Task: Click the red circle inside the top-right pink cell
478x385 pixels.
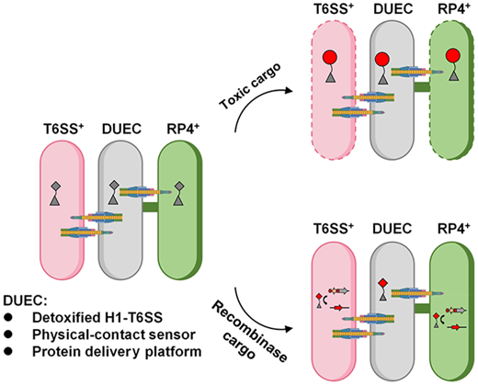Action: point(330,58)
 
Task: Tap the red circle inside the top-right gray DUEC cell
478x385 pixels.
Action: point(382,59)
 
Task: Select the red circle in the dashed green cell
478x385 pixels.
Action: point(453,57)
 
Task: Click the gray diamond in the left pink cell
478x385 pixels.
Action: point(55,186)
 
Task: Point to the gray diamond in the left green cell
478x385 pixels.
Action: point(179,186)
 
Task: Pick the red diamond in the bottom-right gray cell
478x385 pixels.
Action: point(382,283)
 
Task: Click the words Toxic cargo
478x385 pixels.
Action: point(250,86)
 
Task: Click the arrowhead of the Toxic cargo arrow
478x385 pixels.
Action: point(287,91)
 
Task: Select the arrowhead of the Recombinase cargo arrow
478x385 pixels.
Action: point(287,329)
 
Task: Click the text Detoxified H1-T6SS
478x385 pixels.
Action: point(97,318)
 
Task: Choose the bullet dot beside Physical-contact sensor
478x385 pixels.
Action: point(8,334)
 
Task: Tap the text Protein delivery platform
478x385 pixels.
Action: point(117,352)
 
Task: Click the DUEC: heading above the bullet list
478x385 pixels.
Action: point(25,300)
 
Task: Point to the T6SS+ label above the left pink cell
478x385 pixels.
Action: point(63,129)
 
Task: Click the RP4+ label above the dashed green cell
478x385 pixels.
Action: point(454,9)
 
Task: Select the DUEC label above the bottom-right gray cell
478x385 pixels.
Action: point(393,229)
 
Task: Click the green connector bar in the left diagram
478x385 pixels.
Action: point(150,207)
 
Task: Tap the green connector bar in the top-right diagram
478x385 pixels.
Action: point(422,86)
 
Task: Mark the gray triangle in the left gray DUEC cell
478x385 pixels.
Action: point(114,200)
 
